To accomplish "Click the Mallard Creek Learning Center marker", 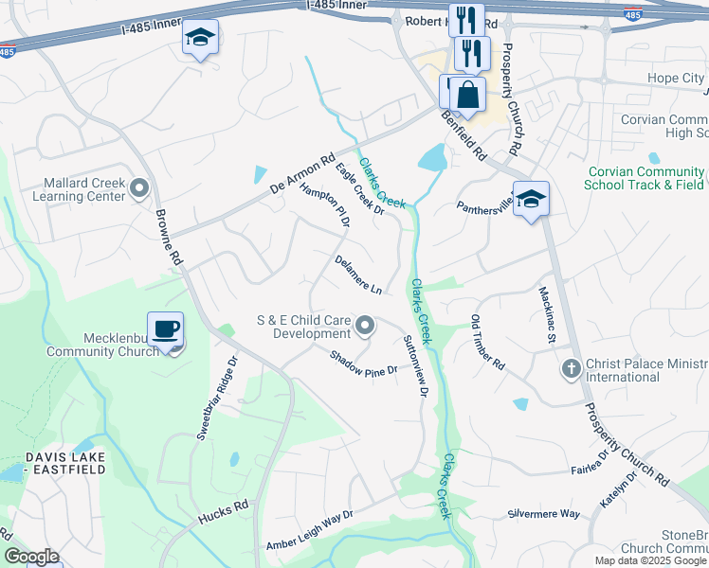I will pyautogui.click(x=140, y=188).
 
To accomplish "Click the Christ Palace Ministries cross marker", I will pyautogui.click(x=572, y=369).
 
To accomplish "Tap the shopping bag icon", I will pyautogui.click(x=467, y=95).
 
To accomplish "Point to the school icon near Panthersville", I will pyautogui.click(x=532, y=200).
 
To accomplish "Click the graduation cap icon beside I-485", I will pyautogui.click(x=200, y=38).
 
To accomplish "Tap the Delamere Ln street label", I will pyautogui.click(x=358, y=274).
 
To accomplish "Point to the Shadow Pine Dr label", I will pyautogui.click(x=362, y=365).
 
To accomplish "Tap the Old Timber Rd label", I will pyautogui.click(x=488, y=342).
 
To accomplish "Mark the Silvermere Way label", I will pyautogui.click(x=543, y=513).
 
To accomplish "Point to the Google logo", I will pyautogui.click(x=31, y=557).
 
